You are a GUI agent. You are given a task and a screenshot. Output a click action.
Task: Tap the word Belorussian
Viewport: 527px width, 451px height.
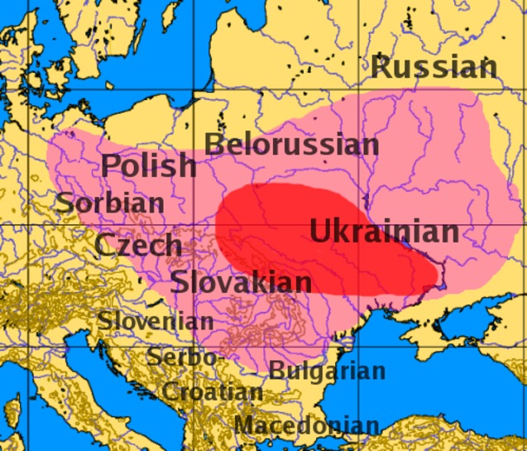[291, 145]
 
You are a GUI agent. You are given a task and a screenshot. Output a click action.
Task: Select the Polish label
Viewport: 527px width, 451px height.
[149, 166]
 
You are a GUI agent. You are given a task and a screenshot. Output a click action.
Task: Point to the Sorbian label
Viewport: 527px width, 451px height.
[110, 202]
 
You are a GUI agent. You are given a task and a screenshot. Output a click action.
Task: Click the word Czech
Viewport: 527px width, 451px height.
[137, 245]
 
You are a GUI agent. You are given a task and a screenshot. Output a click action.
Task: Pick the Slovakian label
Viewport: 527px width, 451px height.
[242, 283]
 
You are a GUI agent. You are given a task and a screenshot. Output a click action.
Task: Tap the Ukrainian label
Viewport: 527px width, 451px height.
[384, 232]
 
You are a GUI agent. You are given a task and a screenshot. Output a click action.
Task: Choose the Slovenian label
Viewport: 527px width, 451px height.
[156, 320]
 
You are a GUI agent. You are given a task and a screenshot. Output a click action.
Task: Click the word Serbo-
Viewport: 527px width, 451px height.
[184, 357]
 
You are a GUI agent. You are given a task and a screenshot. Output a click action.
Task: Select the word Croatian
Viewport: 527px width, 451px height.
[213, 391]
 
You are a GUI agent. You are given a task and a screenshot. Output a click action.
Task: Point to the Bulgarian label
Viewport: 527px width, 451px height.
[327, 372]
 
